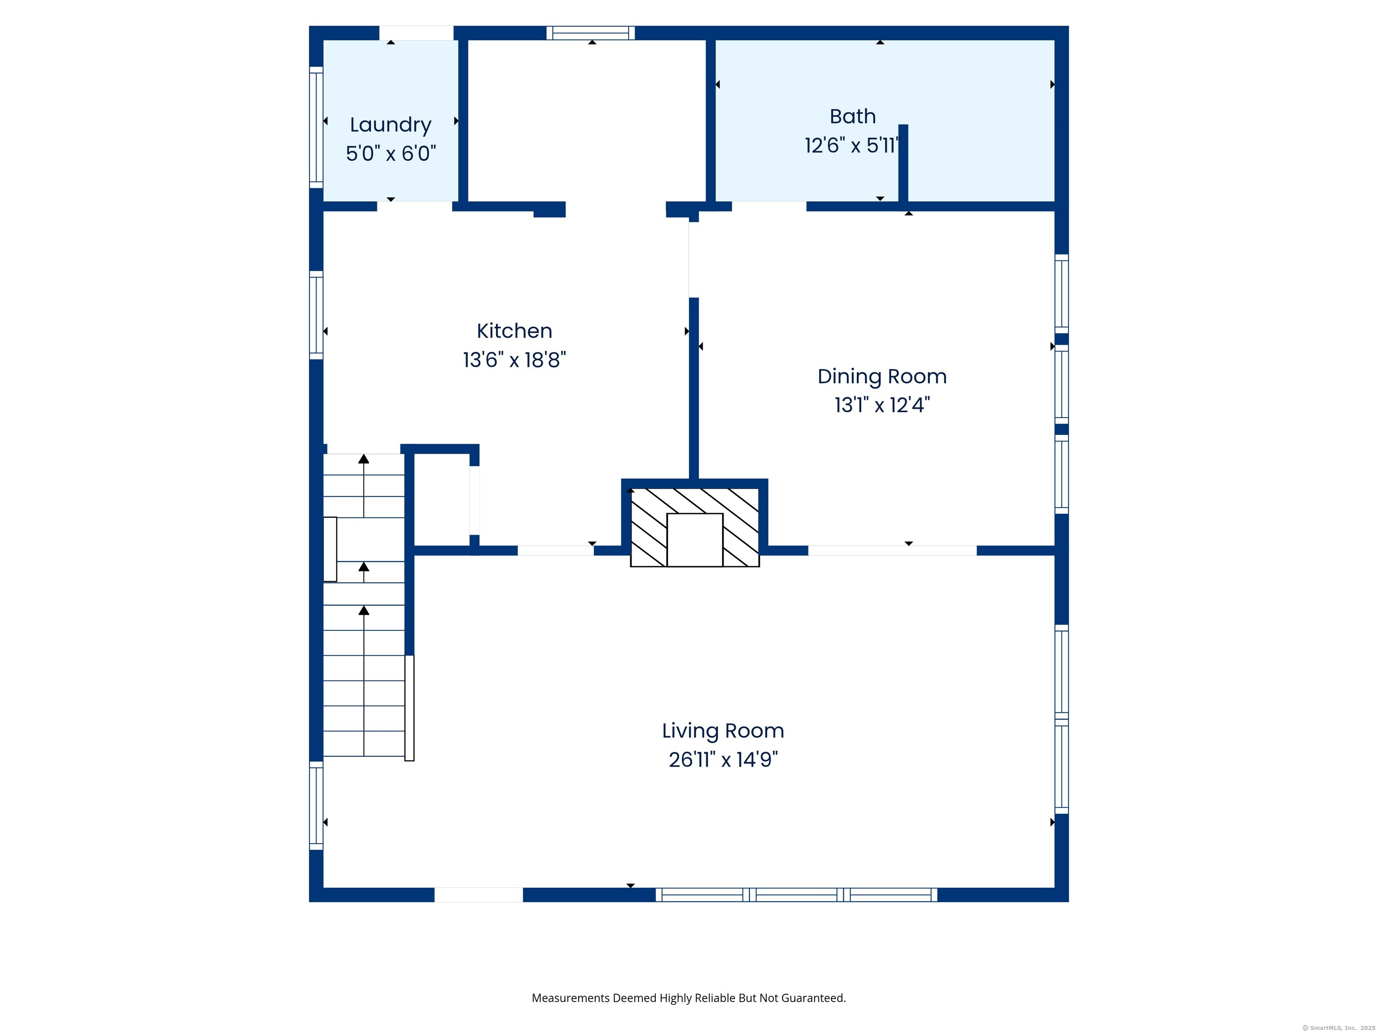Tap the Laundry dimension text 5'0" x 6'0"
pyautogui.click(x=391, y=153)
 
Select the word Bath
pyautogui.click(x=852, y=117)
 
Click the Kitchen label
pyautogui.click(x=514, y=330)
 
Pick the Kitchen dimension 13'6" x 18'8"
pyautogui.click(x=514, y=360)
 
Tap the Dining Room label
pyautogui.click(x=881, y=376)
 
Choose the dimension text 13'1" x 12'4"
pyautogui.click(x=881, y=405)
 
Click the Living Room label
pyautogui.click(x=723, y=730)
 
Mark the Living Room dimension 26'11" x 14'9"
pyautogui.click(x=723, y=760)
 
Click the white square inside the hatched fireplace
pyautogui.click(x=694, y=539)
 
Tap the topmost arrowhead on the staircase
pyautogui.click(x=364, y=459)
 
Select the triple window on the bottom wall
pyautogui.click(x=796, y=895)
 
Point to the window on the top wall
pyautogui.click(x=591, y=33)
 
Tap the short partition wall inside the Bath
pyautogui.click(x=903, y=163)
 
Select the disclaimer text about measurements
pyautogui.click(x=689, y=998)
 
